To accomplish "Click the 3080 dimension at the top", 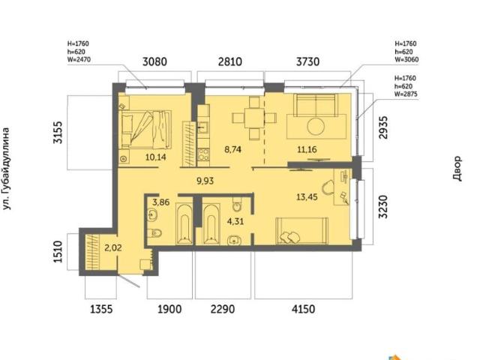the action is (x=155, y=61).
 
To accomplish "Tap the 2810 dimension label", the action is (x=230, y=61).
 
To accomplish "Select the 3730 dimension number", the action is (x=307, y=61).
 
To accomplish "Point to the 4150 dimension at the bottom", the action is (x=303, y=309).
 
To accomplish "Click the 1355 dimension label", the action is (x=101, y=309).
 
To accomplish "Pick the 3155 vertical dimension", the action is (x=58, y=133).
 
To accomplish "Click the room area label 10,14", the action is (x=156, y=157).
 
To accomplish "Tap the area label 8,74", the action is (x=232, y=150).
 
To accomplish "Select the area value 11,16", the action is (x=307, y=150).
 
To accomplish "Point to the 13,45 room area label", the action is (x=307, y=197).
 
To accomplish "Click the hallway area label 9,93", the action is (x=205, y=181).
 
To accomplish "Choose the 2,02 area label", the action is (x=113, y=247).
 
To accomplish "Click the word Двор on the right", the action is (x=457, y=169).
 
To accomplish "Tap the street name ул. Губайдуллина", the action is (x=6, y=169).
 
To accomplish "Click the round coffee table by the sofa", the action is (x=316, y=127).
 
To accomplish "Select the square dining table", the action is (x=254, y=118).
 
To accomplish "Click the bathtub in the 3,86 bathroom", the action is (x=184, y=224).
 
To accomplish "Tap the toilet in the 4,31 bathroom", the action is (x=237, y=205).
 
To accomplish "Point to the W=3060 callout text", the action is (x=406, y=60).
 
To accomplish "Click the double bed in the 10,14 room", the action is (x=146, y=130).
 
